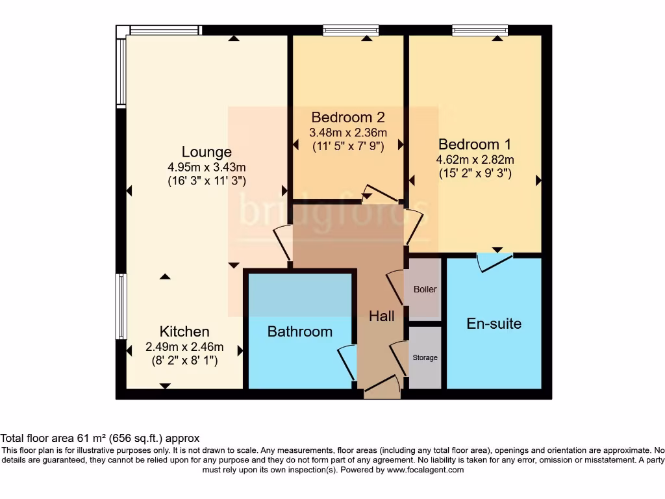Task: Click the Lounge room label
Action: (x=206, y=152)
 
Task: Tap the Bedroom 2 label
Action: (x=347, y=118)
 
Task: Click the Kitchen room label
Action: (x=184, y=331)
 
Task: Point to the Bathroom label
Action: (x=299, y=331)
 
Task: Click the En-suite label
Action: (x=494, y=323)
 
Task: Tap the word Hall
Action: (x=381, y=316)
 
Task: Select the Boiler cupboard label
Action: (x=425, y=289)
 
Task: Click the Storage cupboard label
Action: (x=425, y=357)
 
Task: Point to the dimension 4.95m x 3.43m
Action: (x=206, y=167)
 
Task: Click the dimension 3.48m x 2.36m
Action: (x=347, y=133)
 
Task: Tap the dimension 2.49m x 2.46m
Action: (x=184, y=347)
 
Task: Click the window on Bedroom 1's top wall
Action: (x=480, y=29)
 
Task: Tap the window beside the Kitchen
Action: (x=121, y=306)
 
